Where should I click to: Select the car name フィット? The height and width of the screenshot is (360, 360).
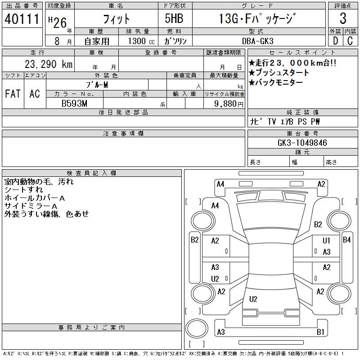tap(116, 18)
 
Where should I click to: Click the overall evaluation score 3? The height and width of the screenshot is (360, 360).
tap(343, 18)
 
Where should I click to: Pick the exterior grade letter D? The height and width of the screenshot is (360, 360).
tap(335, 40)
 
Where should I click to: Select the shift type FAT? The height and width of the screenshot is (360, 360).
tap(13, 94)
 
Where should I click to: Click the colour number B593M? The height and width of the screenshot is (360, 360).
tap(74, 103)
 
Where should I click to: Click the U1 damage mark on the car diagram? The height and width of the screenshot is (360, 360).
tap(326, 241)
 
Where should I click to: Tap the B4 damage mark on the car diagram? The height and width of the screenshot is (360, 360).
tap(346, 240)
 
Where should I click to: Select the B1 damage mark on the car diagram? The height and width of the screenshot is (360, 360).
tap(320, 332)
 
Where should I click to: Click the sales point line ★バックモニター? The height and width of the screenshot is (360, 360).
tap(275, 82)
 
